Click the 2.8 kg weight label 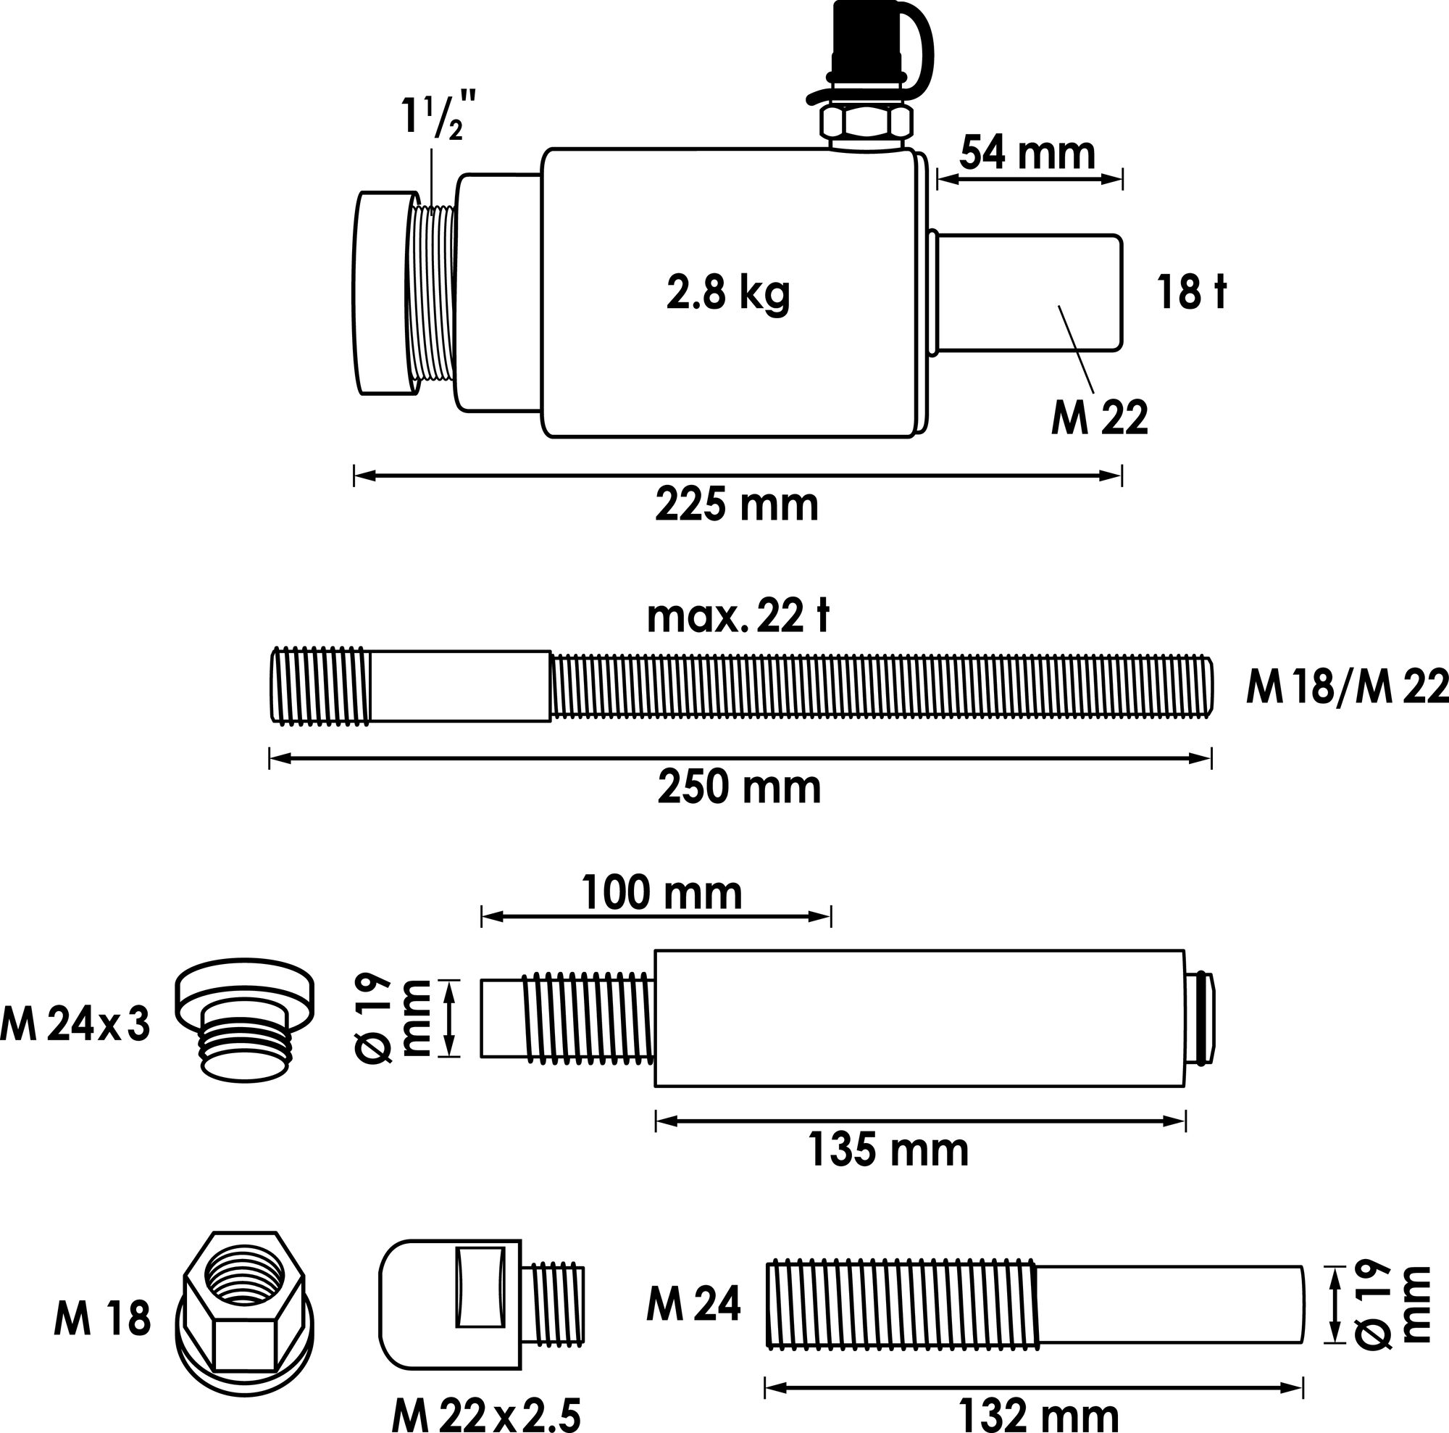click(727, 294)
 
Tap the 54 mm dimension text click(1027, 154)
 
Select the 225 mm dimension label click(737, 505)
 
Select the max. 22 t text click(738, 617)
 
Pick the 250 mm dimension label click(740, 788)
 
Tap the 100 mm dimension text click(661, 894)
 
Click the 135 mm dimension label click(888, 1150)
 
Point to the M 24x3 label click(76, 1025)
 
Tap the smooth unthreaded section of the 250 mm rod click(459, 686)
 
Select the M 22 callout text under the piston click(1100, 418)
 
